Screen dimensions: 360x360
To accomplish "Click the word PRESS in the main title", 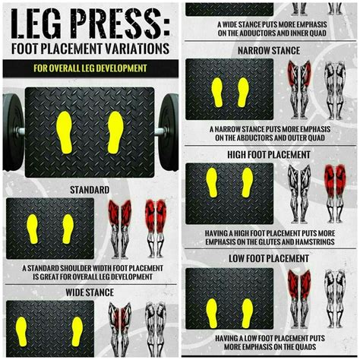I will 115,24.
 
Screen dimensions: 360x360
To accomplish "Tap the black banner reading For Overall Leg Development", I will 90,68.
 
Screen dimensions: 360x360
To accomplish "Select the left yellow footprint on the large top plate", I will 65,131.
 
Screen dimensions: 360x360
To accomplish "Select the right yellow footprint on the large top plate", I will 115,131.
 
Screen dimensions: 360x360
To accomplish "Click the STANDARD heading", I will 89,189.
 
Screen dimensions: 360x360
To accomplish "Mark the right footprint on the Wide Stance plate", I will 77,330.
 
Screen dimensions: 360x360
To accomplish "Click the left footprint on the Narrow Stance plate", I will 217,91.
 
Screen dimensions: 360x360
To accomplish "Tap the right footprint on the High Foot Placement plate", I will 247,182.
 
